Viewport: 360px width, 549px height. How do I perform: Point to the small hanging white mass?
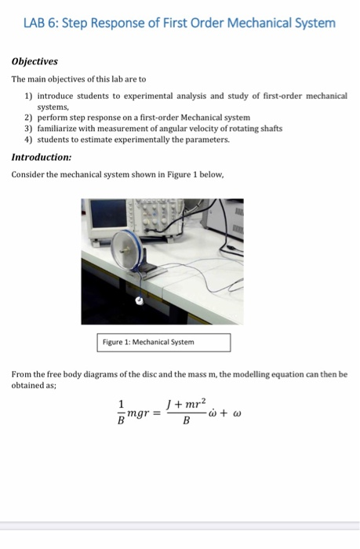pyautogui.click(x=140, y=300)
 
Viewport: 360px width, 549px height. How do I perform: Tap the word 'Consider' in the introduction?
pyautogui.click(x=28, y=174)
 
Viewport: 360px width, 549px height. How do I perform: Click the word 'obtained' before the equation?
pyautogui.click(x=30, y=386)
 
